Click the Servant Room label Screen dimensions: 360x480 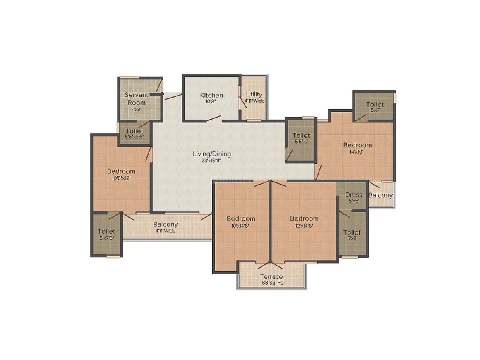[137, 98]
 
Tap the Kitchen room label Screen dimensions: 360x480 [211, 95]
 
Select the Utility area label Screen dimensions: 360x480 [254, 94]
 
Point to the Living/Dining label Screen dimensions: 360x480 [212, 154]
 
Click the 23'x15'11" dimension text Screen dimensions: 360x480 [212, 161]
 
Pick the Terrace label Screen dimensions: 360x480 [271, 276]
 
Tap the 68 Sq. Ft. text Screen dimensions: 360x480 [271, 283]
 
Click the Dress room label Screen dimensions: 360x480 [353, 194]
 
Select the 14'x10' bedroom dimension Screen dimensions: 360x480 [357, 151]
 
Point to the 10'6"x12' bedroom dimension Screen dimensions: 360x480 [121, 178]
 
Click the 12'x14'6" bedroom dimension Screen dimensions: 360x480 [304, 226]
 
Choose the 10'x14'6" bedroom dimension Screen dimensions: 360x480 [241, 226]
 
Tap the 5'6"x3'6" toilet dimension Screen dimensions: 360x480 [134, 137]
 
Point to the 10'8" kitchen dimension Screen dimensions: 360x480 [211, 102]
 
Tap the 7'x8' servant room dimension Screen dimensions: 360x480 [137, 110]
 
